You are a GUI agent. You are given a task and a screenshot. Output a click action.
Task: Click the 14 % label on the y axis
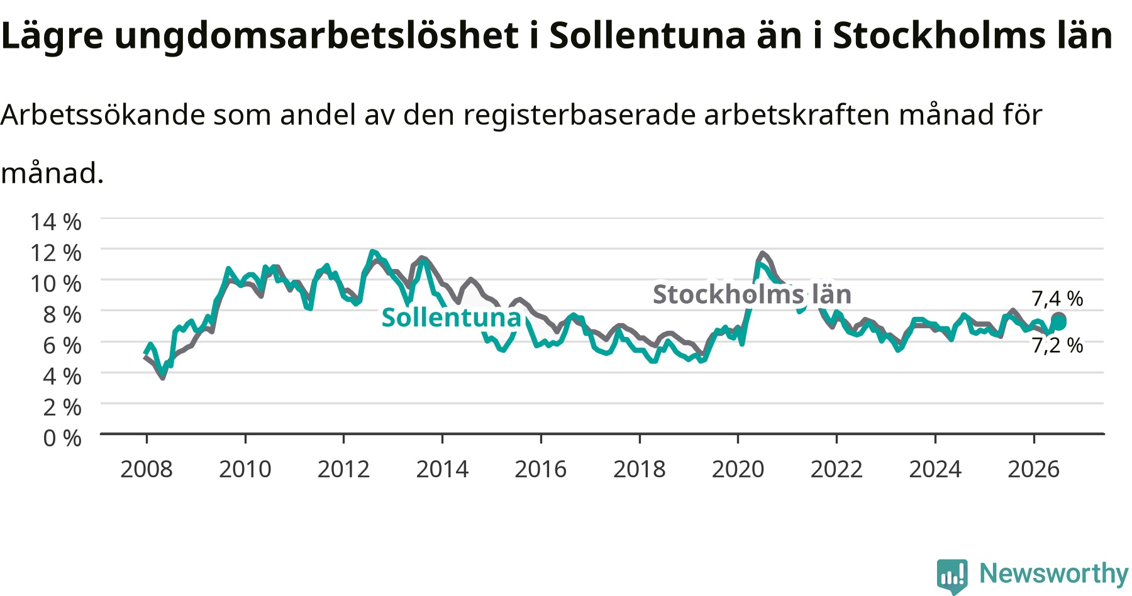56,222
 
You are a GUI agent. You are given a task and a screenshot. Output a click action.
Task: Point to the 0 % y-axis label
62,438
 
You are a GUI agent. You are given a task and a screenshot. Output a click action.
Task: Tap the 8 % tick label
62,314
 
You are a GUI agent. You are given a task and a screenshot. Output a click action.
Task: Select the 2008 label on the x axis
147,469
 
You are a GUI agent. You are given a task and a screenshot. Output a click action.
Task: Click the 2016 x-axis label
541,469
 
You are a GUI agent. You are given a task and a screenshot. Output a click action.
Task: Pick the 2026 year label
1034,469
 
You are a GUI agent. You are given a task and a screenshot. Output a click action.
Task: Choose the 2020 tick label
738,469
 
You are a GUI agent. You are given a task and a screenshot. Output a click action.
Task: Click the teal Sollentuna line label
452,317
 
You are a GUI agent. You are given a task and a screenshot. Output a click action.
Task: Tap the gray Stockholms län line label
752,294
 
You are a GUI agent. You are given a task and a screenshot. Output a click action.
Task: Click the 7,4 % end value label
1057,299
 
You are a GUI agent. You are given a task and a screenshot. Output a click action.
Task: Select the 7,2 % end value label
1057,345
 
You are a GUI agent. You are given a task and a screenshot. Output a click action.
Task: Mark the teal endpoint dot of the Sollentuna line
1060,323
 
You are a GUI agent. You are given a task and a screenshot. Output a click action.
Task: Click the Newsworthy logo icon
952,576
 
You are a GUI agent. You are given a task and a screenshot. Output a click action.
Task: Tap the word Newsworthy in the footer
1054,573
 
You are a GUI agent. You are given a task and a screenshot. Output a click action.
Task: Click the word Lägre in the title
52,36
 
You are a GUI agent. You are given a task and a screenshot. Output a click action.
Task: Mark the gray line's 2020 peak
763,253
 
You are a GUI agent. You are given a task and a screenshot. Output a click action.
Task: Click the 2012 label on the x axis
343,469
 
